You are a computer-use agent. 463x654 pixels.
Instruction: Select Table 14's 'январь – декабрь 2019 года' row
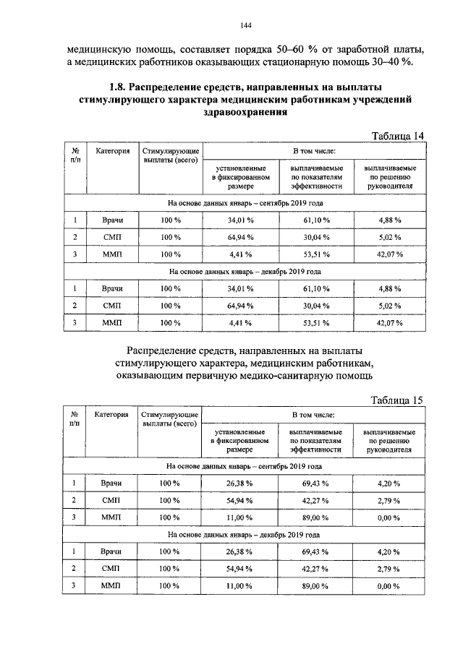click(245, 272)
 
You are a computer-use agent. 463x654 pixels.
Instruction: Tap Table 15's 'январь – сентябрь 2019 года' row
click(245, 467)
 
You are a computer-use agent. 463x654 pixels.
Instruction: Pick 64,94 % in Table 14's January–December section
click(239, 306)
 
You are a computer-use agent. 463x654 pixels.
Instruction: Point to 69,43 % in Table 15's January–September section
click(315, 483)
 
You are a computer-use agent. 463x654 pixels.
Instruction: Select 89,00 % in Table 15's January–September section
click(315, 517)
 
